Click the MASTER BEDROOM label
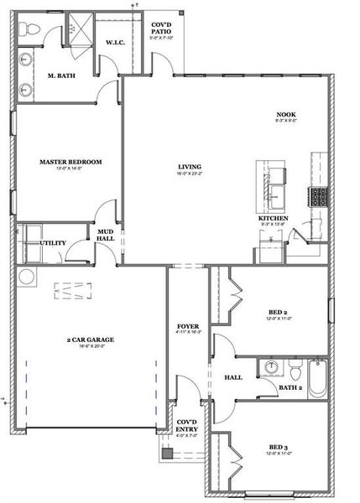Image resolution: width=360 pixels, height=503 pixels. (x=70, y=161)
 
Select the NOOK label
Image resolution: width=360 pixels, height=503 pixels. (x=286, y=115)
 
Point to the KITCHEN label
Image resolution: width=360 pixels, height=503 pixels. (x=273, y=219)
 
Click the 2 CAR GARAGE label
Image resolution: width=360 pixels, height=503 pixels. (x=91, y=340)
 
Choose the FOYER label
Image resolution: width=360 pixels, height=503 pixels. (x=187, y=326)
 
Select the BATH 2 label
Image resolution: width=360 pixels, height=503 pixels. (x=290, y=387)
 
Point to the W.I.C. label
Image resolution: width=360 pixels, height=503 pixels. (x=114, y=43)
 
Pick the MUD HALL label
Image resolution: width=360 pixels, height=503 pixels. (x=106, y=234)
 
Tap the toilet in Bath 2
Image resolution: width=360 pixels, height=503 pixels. (x=296, y=369)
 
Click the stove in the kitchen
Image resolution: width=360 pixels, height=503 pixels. (x=319, y=197)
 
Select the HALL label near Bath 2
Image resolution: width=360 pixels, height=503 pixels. (x=233, y=377)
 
